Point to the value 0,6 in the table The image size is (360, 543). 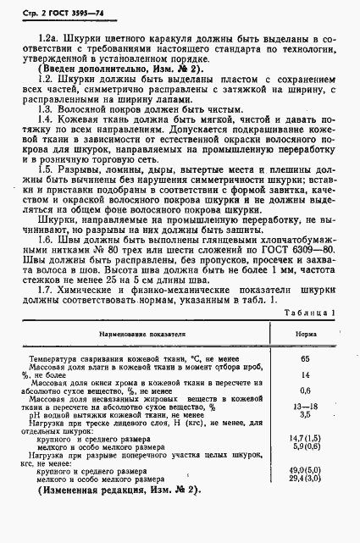point(306,414)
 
